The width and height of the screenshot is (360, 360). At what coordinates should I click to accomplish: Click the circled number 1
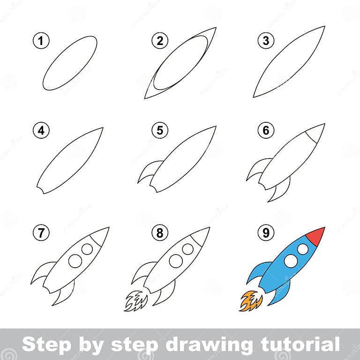coord(42,41)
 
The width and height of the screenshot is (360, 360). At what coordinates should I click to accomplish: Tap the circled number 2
coord(160,41)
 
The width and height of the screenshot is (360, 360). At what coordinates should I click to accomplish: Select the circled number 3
coord(266,41)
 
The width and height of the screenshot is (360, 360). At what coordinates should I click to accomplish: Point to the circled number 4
coord(42,131)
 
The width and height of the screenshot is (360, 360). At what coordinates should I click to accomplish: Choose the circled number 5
coord(160,131)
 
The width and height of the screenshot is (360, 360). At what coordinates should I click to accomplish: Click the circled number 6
coord(266,131)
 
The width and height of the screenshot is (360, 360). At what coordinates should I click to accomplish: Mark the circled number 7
coord(42,233)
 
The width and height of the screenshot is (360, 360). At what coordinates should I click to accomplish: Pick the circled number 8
coord(160,233)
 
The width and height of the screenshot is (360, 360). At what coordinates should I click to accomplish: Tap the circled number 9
coord(266,233)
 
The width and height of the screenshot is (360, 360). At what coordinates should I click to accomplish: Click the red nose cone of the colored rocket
coord(317,235)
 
